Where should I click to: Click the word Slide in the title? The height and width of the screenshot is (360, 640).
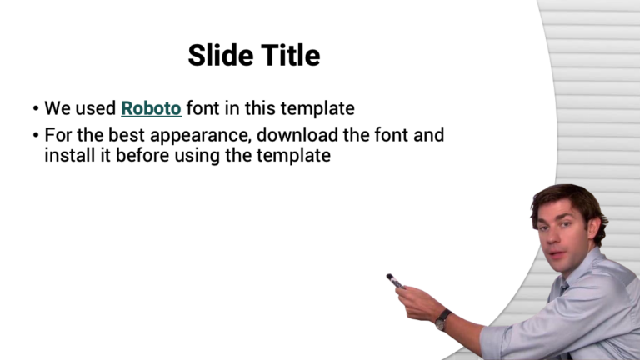217,56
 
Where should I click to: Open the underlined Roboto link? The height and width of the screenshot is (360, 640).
151,108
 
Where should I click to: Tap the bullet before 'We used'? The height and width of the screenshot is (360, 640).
35,109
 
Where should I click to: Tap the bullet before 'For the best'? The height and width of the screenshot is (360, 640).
35,135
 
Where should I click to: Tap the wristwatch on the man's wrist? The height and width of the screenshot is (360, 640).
442,318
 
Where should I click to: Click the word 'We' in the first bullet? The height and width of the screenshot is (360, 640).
55,108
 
